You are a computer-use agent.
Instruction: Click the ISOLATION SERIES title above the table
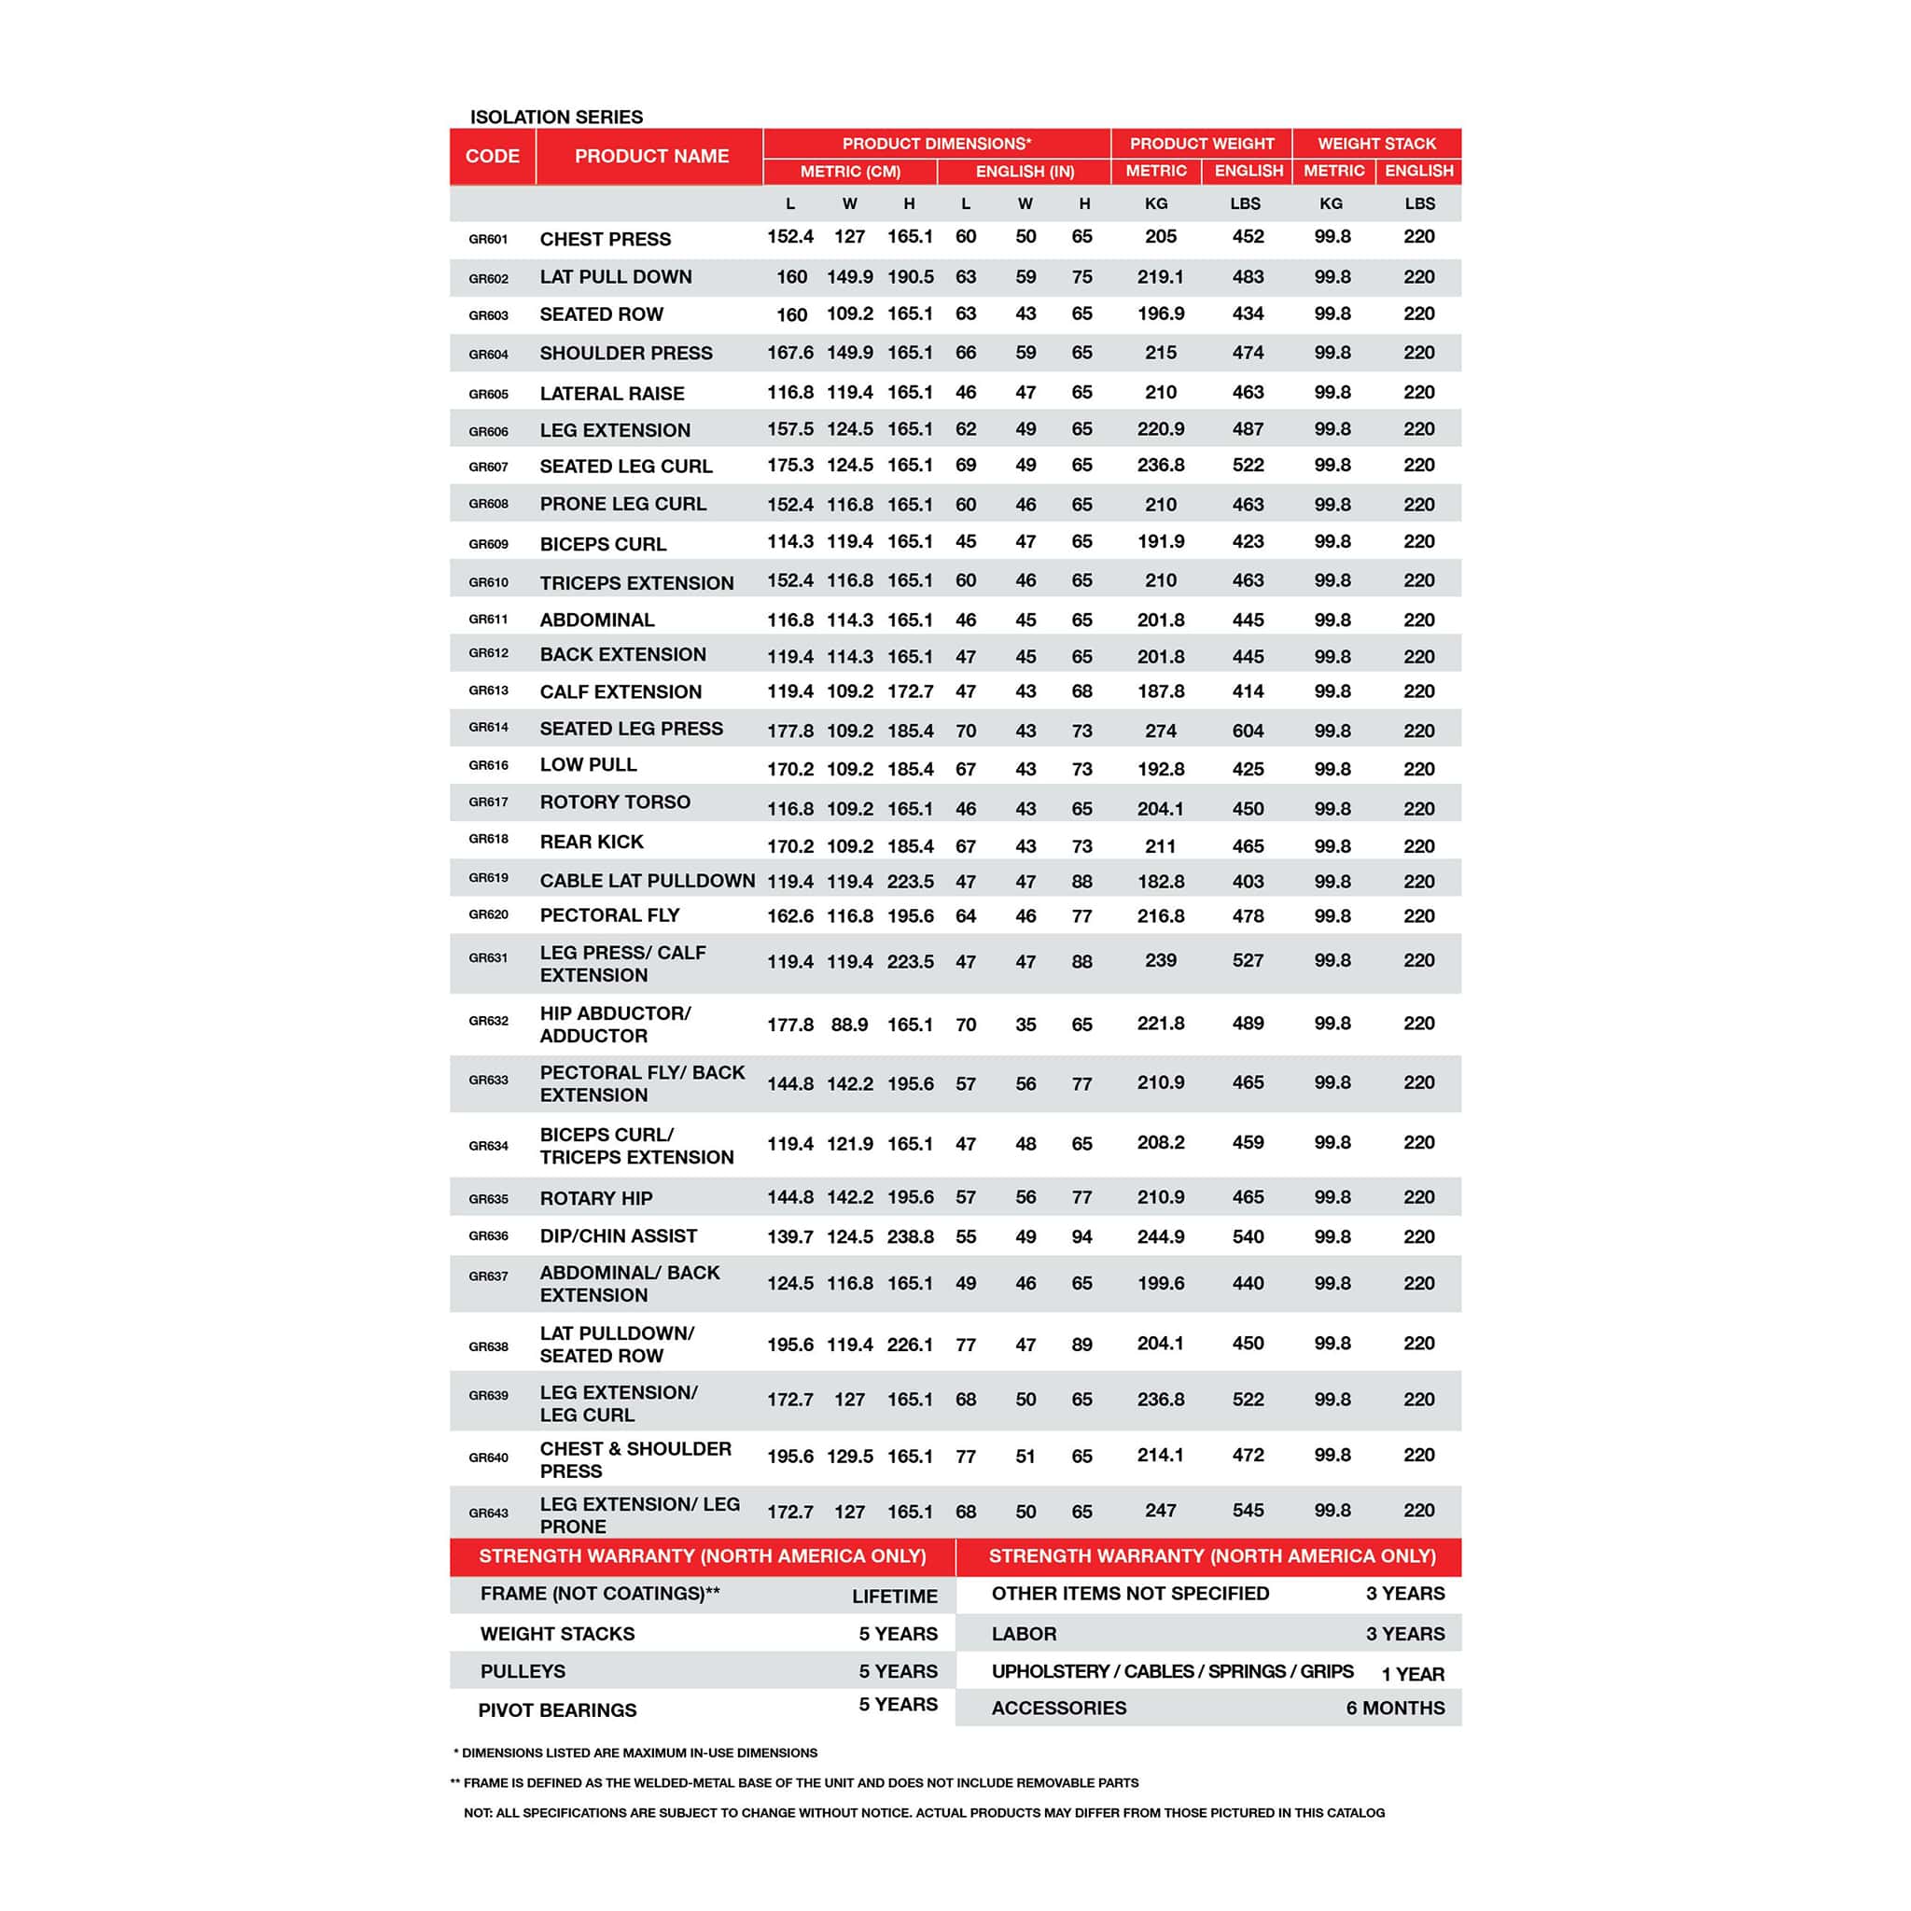[x=556, y=117]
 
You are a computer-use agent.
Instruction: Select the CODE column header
[x=492, y=156]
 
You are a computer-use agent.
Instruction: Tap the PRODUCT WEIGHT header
[x=1201, y=144]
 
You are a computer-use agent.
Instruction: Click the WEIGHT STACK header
[x=1376, y=144]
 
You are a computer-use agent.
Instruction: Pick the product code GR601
[x=489, y=240]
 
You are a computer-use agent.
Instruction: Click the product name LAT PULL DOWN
[x=615, y=277]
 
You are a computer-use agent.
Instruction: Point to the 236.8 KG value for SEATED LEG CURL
[x=1160, y=465]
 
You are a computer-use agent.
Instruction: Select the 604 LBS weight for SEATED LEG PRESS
[x=1248, y=731]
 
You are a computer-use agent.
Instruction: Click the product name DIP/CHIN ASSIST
[x=619, y=1235]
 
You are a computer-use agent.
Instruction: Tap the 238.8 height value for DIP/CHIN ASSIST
[x=910, y=1236]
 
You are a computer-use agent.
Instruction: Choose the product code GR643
[x=489, y=1513]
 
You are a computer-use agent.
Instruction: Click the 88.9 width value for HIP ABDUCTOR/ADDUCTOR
[x=850, y=1025]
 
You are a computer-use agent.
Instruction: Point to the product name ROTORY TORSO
[x=614, y=802]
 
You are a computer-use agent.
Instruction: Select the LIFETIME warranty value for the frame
[x=894, y=1597]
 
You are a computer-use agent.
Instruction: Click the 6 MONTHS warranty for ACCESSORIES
[x=1395, y=1709]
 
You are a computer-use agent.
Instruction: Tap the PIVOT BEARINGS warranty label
[x=557, y=1710]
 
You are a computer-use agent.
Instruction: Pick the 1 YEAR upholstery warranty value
[x=1413, y=1675]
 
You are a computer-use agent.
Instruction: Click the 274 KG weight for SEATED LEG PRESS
[x=1160, y=731]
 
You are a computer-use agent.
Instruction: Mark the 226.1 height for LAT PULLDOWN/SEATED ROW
[x=910, y=1345]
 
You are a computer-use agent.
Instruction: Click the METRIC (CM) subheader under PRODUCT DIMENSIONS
[x=850, y=172]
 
